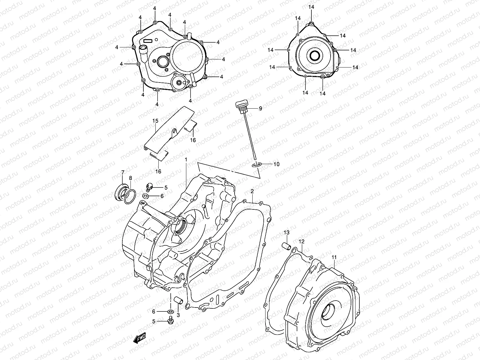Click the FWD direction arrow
pos(140,339)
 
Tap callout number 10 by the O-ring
pos(276,164)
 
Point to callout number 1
pos(186,160)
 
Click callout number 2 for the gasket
pos(252,191)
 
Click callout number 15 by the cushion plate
pos(155,121)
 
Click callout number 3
pos(178,315)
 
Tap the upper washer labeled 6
pos(146,196)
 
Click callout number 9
pos(260,108)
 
